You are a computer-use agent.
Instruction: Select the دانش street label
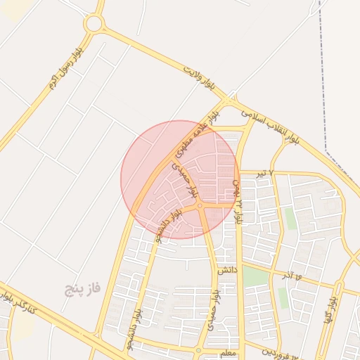pos(226,269)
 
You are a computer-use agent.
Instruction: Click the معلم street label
pos(228,353)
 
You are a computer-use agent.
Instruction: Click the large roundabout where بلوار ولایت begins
pos(93,24)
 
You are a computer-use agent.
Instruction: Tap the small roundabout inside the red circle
pos(200,205)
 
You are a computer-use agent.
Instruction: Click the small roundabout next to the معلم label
pos(199,350)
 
